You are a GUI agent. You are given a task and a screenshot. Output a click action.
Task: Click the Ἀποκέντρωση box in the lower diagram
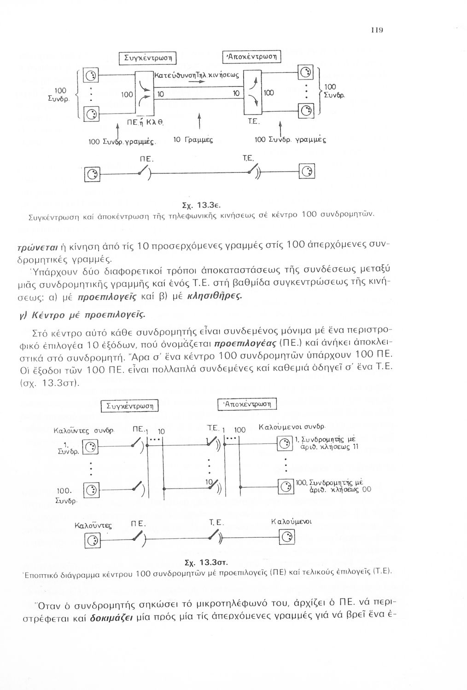click(249, 404)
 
